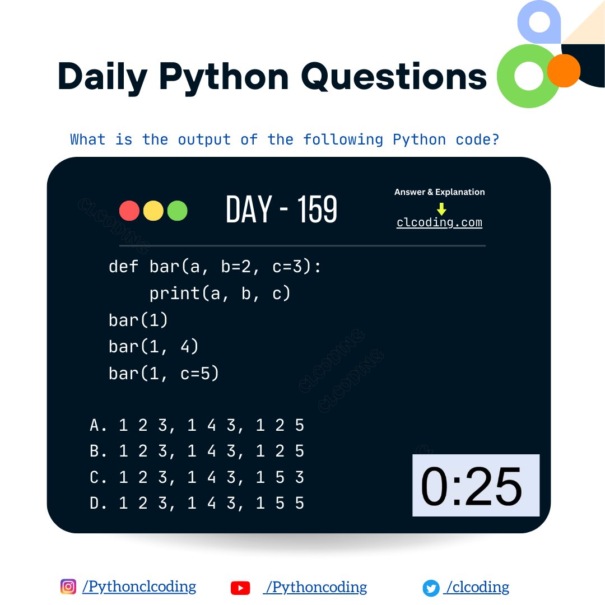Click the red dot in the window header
[129, 211]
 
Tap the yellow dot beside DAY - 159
[153, 211]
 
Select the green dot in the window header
[177, 211]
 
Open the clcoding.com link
[439, 222]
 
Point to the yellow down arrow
[441, 209]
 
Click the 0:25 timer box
[476, 485]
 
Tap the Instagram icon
[68, 587]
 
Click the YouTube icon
[240, 588]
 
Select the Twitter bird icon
[431, 588]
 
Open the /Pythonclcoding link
[139, 587]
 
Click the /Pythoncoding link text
[317, 587]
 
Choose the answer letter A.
[95, 426]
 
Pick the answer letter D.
[95, 503]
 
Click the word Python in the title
[224, 77]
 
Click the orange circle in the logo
[563, 71]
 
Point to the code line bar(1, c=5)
[164, 373]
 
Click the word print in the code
[174, 293]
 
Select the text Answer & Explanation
[439, 192]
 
